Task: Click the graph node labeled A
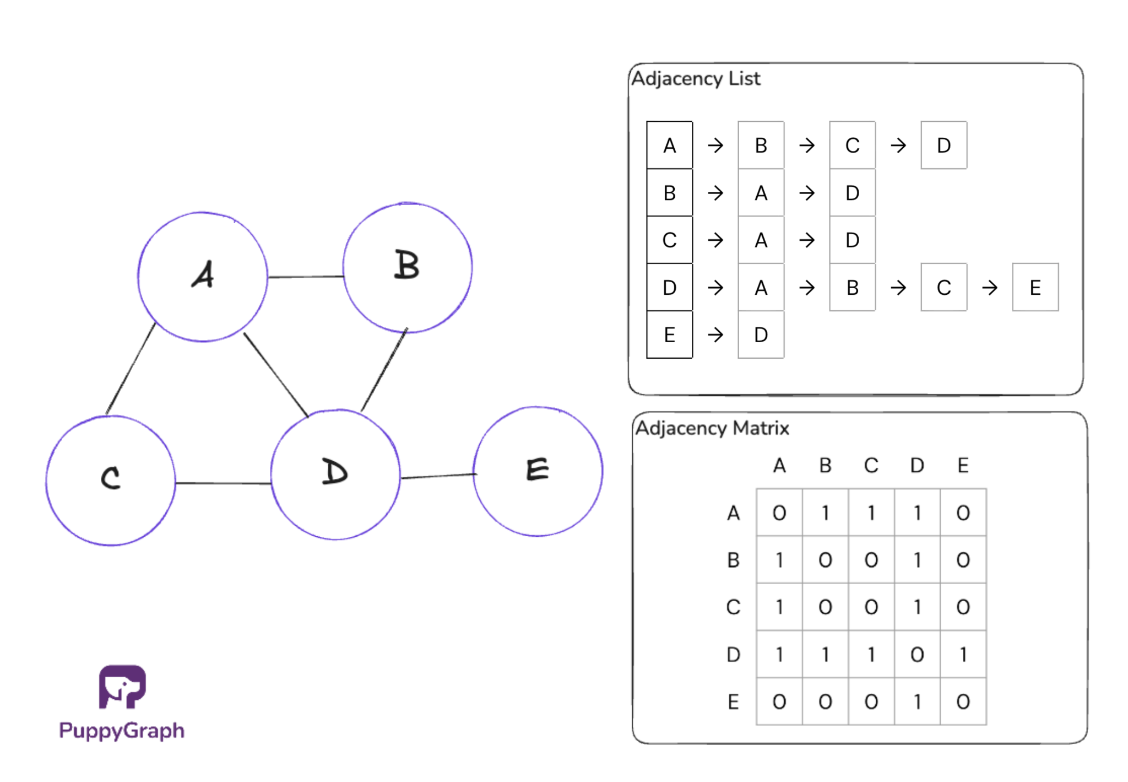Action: tap(203, 277)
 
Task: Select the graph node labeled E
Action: tap(538, 471)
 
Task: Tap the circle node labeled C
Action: tap(111, 481)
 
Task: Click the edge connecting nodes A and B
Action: tap(306, 277)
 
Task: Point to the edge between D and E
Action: tap(437, 476)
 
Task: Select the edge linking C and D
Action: tap(223, 483)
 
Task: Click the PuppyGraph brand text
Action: tap(122, 731)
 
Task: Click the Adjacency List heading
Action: tap(696, 79)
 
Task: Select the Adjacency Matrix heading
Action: tap(712, 428)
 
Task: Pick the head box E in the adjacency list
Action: tap(670, 335)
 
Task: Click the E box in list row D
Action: tap(1035, 288)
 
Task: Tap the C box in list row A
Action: tap(853, 145)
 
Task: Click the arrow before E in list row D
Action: tap(990, 288)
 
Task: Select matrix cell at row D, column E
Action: tap(963, 655)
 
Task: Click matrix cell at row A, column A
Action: tap(779, 513)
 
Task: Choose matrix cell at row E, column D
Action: tap(918, 702)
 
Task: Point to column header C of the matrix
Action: tap(871, 466)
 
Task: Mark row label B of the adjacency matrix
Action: tap(733, 560)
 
